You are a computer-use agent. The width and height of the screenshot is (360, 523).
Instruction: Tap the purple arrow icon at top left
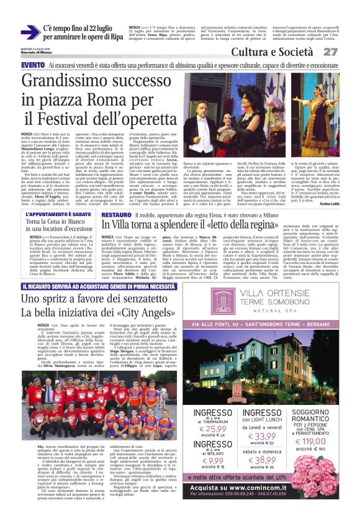pyautogui.click(x=29, y=32)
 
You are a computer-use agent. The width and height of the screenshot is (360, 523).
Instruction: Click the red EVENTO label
pyautogui.click(x=32, y=65)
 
